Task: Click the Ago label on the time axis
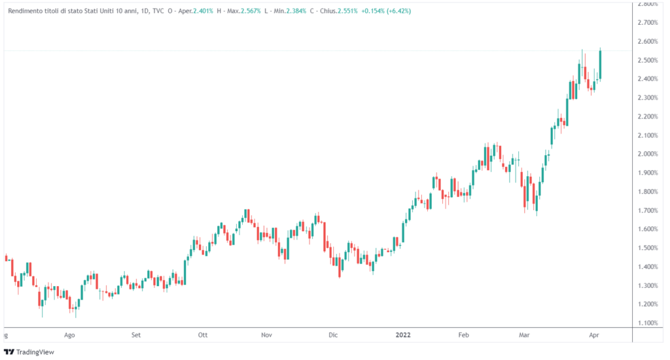[70, 335]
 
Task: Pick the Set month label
[135, 335]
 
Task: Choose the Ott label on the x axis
[203, 335]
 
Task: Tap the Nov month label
[266, 335]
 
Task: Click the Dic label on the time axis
[333, 335]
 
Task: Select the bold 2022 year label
[403, 335]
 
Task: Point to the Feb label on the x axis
[463, 335]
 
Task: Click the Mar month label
[524, 335]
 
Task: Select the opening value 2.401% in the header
[204, 11]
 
